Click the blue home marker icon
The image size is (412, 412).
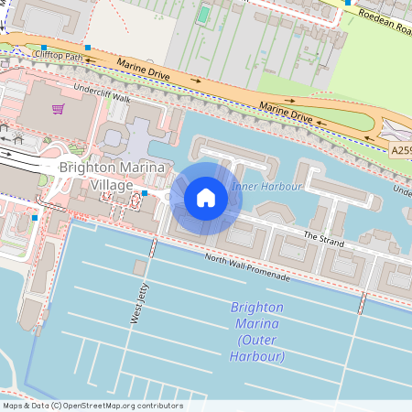pyautogui.click(x=206, y=198)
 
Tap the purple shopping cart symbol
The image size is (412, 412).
pyautogui.click(x=58, y=109)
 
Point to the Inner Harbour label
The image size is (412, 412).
pyautogui.click(x=267, y=187)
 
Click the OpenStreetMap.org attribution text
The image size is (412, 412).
pyautogui.click(x=120, y=406)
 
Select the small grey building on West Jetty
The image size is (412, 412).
pyautogui.click(x=140, y=267)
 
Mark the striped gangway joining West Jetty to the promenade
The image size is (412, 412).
pyautogui.click(x=153, y=248)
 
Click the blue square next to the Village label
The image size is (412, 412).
pyautogui.click(x=144, y=194)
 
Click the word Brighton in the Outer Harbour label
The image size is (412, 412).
pyautogui.click(x=257, y=308)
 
